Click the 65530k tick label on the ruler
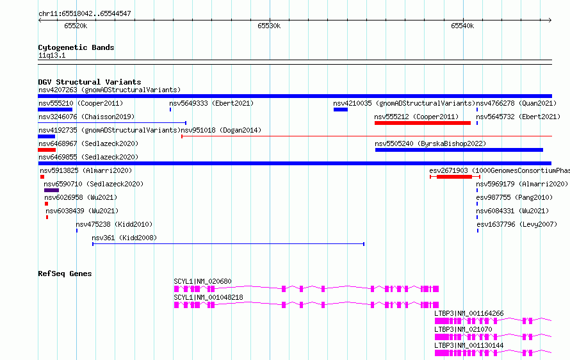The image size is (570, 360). (269, 26)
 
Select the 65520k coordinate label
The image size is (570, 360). (76, 26)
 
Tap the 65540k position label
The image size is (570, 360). (462, 26)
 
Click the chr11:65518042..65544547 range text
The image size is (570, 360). (85, 13)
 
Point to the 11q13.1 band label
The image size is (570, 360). (52, 55)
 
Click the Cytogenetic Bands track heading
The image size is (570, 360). (76, 47)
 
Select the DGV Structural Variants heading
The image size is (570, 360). (90, 82)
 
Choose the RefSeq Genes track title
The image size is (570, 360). (65, 274)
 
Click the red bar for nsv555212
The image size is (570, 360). (423, 123)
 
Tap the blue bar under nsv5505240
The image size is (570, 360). (459, 150)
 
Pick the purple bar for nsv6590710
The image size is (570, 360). (51, 190)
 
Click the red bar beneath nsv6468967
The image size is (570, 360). (47, 150)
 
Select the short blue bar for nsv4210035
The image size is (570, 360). (341, 110)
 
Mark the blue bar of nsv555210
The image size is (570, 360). (55, 110)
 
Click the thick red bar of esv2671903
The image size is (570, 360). (455, 177)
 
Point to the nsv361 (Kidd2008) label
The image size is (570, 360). (124, 238)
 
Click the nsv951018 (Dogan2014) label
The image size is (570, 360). (221, 130)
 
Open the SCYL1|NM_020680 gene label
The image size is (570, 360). (202, 281)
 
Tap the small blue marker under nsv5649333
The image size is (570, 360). (170, 110)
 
